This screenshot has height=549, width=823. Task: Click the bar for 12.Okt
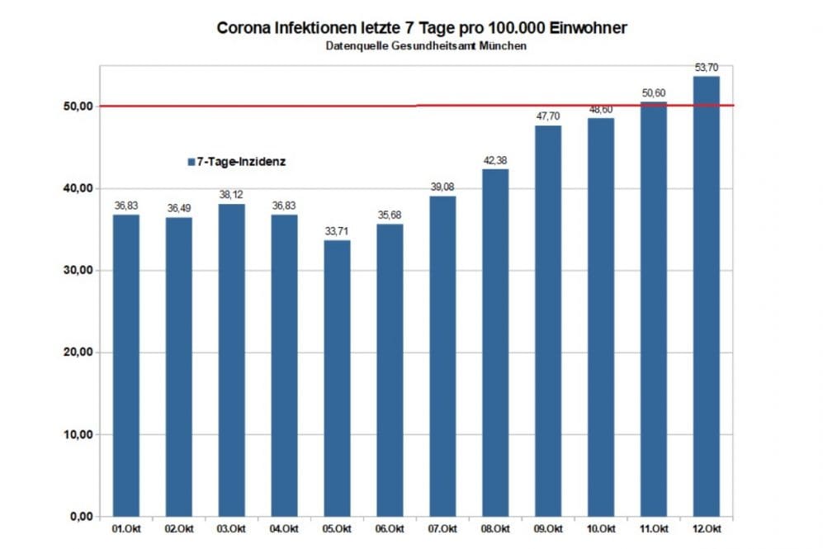point(706,296)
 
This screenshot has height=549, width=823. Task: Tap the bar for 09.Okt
point(548,321)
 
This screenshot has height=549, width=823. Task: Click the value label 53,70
point(707,67)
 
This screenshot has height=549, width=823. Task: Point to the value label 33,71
point(337,231)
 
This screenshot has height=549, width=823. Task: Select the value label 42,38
point(495,160)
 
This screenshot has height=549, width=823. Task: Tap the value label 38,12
point(231,195)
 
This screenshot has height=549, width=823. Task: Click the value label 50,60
point(654,92)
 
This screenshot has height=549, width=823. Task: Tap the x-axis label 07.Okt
point(442,528)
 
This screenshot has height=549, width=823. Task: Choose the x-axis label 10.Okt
point(601,528)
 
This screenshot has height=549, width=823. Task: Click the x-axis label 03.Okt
point(231,528)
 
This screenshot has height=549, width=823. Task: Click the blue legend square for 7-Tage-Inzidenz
point(190,163)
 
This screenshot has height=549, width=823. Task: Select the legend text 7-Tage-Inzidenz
point(241,163)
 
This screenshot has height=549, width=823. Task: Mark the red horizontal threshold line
point(248,106)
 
